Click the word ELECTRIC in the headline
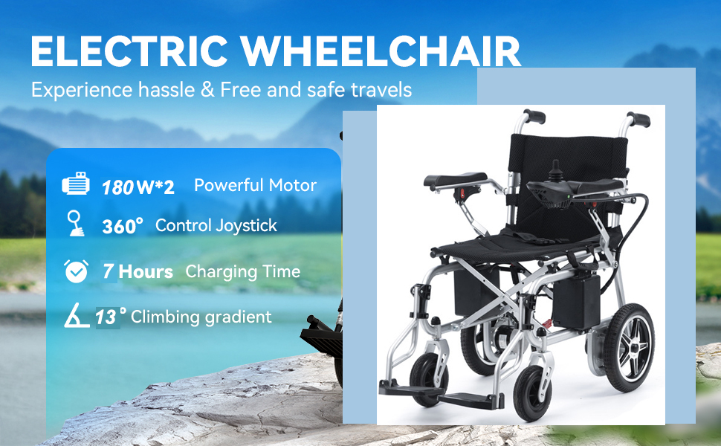[129, 51]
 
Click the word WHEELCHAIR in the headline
[381, 51]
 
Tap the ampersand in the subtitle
[208, 90]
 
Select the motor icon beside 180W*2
[76, 184]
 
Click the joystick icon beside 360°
[75, 223]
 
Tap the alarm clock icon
[77, 271]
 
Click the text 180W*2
[138, 187]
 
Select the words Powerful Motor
[255, 185]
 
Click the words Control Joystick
[216, 226]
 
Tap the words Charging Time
[243, 272]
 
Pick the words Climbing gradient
[201, 317]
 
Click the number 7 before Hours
[108, 271]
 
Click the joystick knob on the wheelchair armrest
[555, 167]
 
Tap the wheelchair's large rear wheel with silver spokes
[629, 348]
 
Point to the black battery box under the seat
[577, 301]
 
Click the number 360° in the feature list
[123, 226]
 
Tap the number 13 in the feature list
[106, 317]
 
